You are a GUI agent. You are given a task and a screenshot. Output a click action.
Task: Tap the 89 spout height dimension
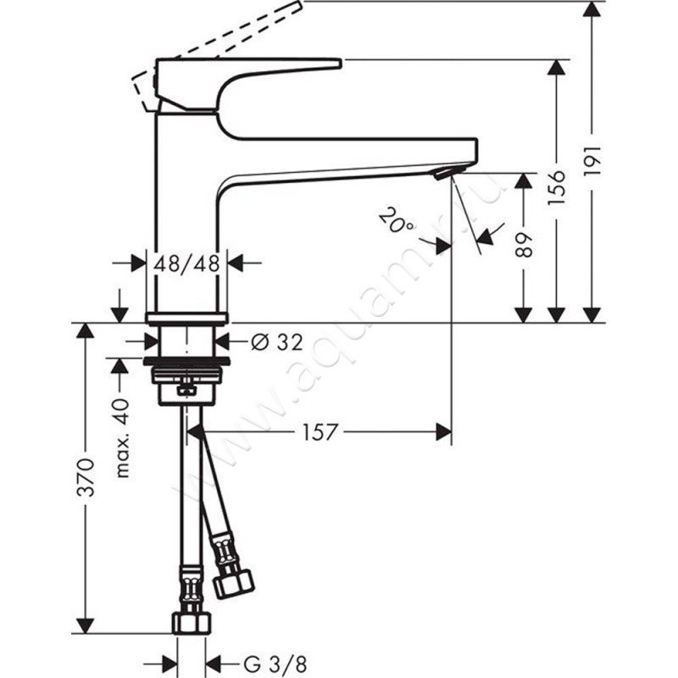tap(525, 245)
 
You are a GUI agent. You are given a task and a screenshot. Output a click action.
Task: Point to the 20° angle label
tap(397, 222)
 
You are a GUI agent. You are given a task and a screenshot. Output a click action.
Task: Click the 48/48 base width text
tap(186, 263)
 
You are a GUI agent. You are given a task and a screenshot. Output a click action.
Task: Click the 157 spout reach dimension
tap(319, 431)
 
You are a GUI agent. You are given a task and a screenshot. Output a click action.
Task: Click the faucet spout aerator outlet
tap(444, 173)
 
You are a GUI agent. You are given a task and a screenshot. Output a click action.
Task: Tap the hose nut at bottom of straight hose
tap(190, 622)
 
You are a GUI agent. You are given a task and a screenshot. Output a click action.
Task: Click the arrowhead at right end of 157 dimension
tap(444, 431)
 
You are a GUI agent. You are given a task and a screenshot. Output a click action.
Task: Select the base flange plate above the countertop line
tap(187, 318)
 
